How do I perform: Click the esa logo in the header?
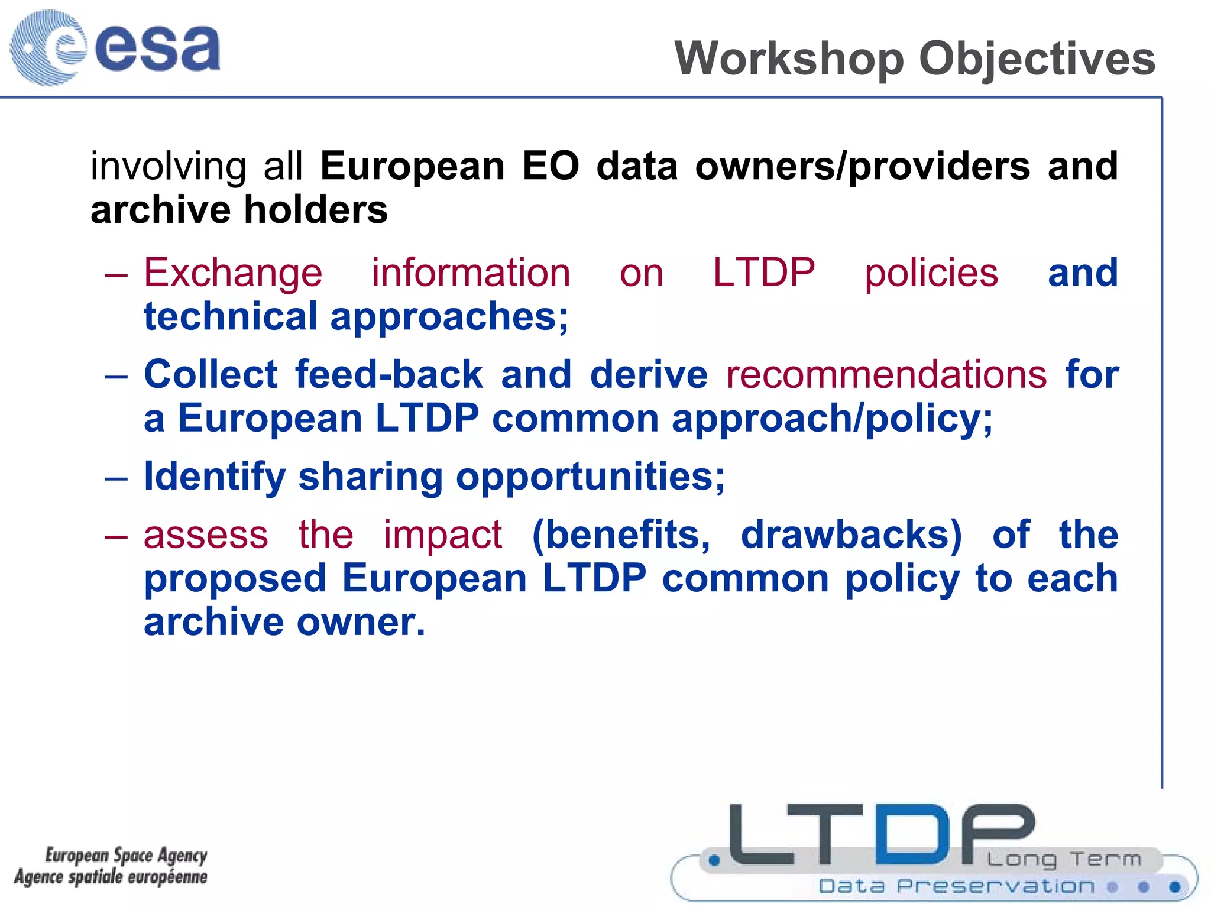(x=115, y=47)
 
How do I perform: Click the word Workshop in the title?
(x=789, y=59)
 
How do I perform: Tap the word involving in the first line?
(x=168, y=166)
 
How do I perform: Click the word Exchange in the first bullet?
(x=233, y=273)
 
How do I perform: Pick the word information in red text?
(x=471, y=273)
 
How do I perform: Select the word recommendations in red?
(x=886, y=375)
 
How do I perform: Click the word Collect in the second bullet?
(x=211, y=375)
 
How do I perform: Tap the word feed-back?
(x=389, y=375)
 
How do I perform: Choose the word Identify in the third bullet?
(x=214, y=477)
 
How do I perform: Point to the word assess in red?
(x=206, y=535)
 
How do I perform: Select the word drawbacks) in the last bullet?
(x=851, y=535)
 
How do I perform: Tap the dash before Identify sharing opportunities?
(x=116, y=477)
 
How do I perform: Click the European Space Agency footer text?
(x=126, y=855)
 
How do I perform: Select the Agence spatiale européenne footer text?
(x=111, y=877)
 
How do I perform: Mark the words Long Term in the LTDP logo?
(x=1064, y=859)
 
